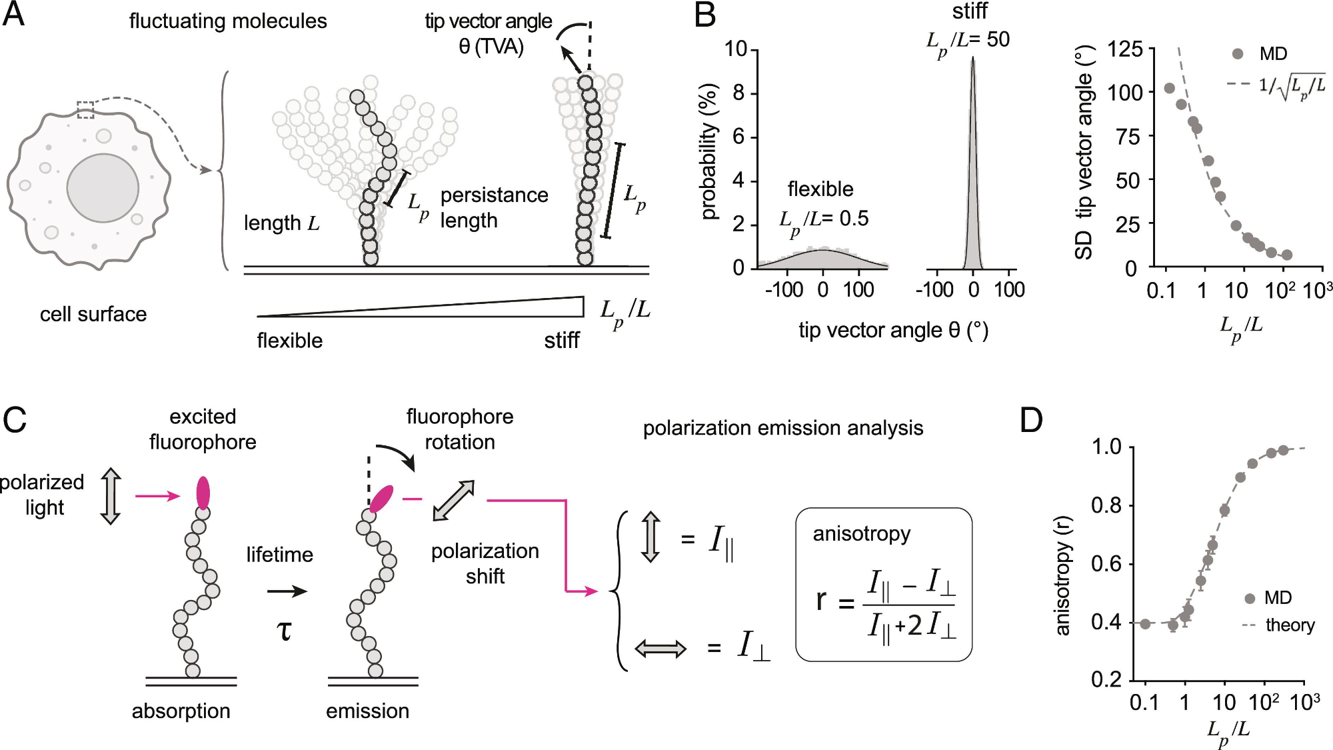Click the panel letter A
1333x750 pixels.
[x=14, y=15]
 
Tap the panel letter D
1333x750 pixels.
[x=1030, y=421]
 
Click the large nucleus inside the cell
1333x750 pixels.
[x=103, y=188]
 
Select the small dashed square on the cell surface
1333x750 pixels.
[x=85, y=109]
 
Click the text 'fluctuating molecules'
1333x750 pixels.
[x=228, y=21]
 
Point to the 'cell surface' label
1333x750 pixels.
[x=93, y=314]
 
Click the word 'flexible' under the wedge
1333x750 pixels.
[x=290, y=341]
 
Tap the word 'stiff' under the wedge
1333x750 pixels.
[x=561, y=341]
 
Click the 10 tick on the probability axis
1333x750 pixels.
[x=736, y=49]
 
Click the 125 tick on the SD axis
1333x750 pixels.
[x=1124, y=49]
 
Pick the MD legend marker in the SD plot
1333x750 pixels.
[x=1238, y=54]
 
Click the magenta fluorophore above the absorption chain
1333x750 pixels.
[x=203, y=493]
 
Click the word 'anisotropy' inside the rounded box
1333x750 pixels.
[x=861, y=534]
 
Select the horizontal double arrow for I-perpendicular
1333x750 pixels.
[x=660, y=648]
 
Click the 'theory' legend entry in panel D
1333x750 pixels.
[x=1290, y=625]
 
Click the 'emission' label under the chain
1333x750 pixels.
[x=367, y=711]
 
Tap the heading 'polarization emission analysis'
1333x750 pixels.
[x=782, y=428]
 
